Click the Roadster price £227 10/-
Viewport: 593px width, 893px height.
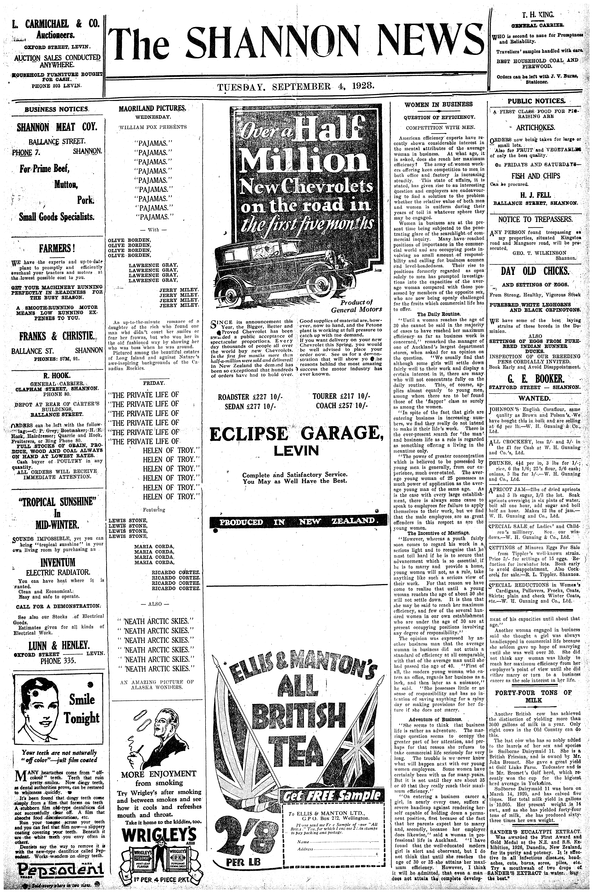250,397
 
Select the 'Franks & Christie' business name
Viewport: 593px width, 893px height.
57,336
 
